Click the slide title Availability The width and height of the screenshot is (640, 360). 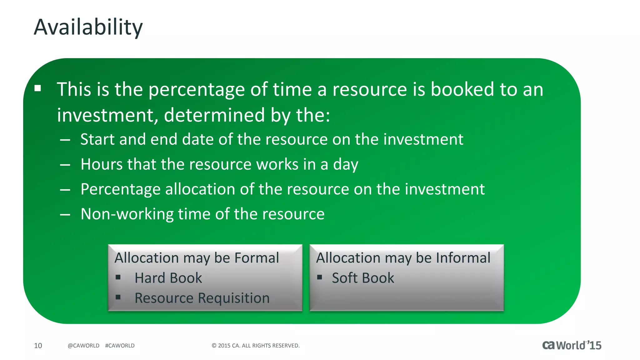[88, 27]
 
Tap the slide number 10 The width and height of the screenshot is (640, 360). [38, 346]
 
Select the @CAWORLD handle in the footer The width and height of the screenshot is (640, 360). [83, 346]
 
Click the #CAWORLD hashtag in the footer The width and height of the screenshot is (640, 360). [120, 346]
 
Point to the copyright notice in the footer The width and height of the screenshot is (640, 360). [256, 346]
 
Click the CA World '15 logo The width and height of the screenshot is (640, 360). [572, 345]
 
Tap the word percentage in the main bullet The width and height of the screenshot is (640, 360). [197, 90]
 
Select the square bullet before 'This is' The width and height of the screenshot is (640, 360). [38, 88]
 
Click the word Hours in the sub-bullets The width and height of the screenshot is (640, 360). [101, 164]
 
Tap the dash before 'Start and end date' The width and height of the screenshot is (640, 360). [65, 140]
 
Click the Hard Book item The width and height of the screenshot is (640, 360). [168, 278]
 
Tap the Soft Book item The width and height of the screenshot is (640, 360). [363, 278]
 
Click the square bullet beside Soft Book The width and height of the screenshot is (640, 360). [319, 277]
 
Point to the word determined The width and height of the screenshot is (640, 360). [214, 115]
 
